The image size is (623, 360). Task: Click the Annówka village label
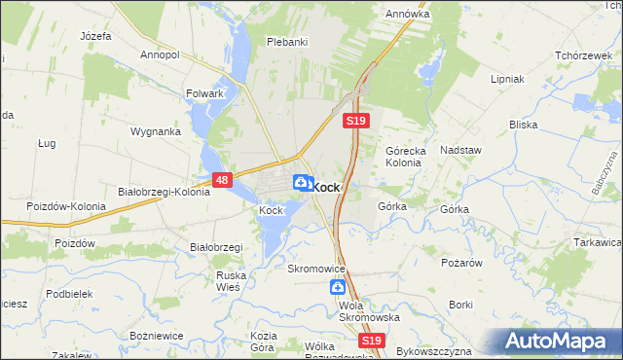click(x=407, y=15)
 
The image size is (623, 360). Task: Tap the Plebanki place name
click(x=287, y=42)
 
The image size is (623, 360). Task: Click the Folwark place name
click(x=205, y=94)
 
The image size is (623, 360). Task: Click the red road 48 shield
click(x=222, y=180)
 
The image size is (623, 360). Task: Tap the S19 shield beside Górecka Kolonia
click(x=355, y=121)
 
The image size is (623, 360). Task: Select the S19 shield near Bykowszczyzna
click(x=370, y=341)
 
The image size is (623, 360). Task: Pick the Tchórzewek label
click(x=580, y=54)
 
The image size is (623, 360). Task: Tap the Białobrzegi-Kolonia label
click(x=164, y=192)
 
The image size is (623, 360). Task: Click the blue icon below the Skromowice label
click(x=337, y=287)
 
